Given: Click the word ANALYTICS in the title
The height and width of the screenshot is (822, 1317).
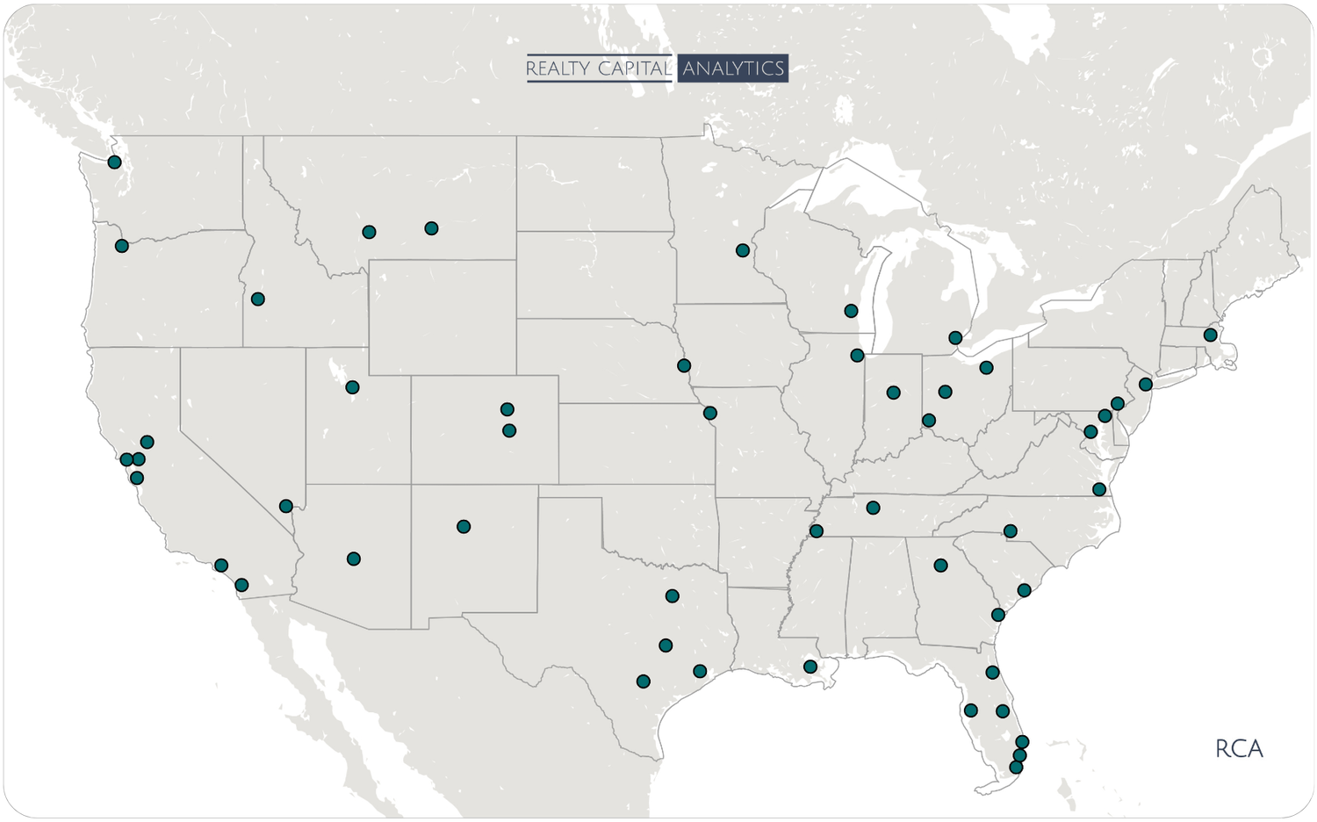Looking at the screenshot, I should pyautogui.click(x=733, y=68).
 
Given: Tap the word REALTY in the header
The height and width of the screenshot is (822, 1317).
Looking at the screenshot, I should pyautogui.click(x=557, y=68).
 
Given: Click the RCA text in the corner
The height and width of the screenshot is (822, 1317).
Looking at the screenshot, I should pyautogui.click(x=1239, y=749).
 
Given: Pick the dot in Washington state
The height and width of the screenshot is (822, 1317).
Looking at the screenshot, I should pyautogui.click(x=114, y=162).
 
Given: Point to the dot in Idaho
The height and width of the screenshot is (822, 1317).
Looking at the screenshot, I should pyautogui.click(x=257, y=299).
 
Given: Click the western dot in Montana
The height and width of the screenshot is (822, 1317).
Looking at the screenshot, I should pyautogui.click(x=369, y=232).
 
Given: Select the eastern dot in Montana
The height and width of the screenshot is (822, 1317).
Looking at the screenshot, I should pyautogui.click(x=431, y=228).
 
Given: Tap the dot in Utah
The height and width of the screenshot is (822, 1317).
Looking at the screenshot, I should pyautogui.click(x=352, y=387).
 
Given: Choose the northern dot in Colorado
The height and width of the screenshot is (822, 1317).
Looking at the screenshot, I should pyautogui.click(x=507, y=409).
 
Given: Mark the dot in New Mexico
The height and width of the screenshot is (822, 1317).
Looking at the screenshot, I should pyautogui.click(x=464, y=527).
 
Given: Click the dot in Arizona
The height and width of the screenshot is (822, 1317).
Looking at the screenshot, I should pyautogui.click(x=354, y=559).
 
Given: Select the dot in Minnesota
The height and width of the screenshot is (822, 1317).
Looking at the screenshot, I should pyautogui.click(x=743, y=250).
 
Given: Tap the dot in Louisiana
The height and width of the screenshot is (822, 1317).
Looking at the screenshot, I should pyautogui.click(x=810, y=667).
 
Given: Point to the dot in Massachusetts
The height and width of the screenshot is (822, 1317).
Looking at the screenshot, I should pyautogui.click(x=1210, y=335).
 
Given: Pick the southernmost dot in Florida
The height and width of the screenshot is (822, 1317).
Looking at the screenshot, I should pyautogui.click(x=1016, y=768).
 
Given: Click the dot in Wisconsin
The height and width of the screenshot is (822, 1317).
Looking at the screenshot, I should pyautogui.click(x=850, y=311).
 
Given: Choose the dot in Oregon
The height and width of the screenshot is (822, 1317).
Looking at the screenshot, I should pyautogui.click(x=122, y=246).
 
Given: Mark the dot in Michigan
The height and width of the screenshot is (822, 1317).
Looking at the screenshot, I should pyautogui.click(x=955, y=337).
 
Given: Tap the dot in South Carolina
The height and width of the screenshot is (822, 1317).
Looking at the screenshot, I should pyautogui.click(x=1024, y=590).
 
